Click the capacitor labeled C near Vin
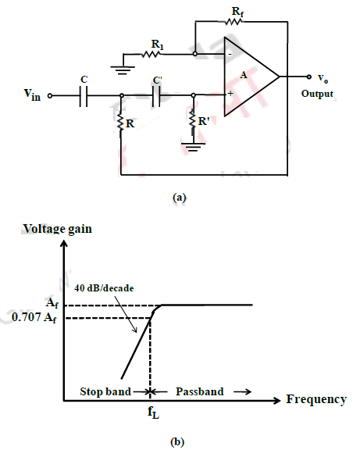tap(84, 97)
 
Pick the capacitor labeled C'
tap(156, 97)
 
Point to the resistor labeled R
tap(122, 123)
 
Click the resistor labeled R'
tap(194, 123)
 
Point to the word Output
tap(317, 94)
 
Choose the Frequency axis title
tap(316, 399)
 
